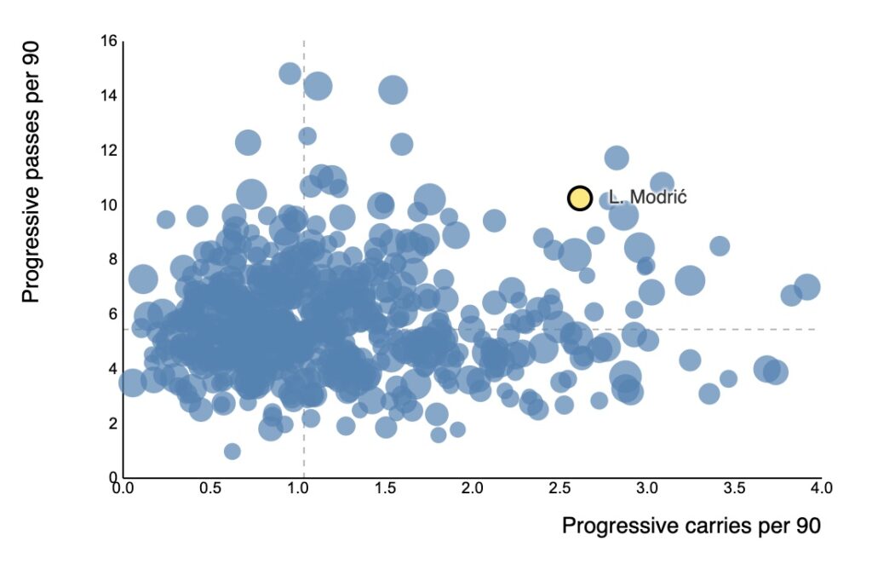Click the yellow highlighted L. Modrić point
point(580,199)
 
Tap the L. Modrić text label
point(647,198)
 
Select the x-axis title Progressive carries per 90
point(691,526)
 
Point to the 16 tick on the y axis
point(110,41)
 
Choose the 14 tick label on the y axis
point(110,95)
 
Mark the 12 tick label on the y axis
point(110,150)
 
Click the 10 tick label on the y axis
point(110,205)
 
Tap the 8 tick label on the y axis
point(112,260)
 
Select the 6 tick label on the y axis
point(112,314)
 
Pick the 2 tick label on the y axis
point(112,423)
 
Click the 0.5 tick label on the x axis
point(210,489)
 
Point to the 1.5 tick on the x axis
point(385,489)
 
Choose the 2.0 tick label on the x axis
point(473,489)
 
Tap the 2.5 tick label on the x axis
point(559,489)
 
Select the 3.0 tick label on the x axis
point(647,489)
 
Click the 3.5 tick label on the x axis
point(734,489)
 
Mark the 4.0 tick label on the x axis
point(821,489)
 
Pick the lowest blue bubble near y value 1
point(232,451)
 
